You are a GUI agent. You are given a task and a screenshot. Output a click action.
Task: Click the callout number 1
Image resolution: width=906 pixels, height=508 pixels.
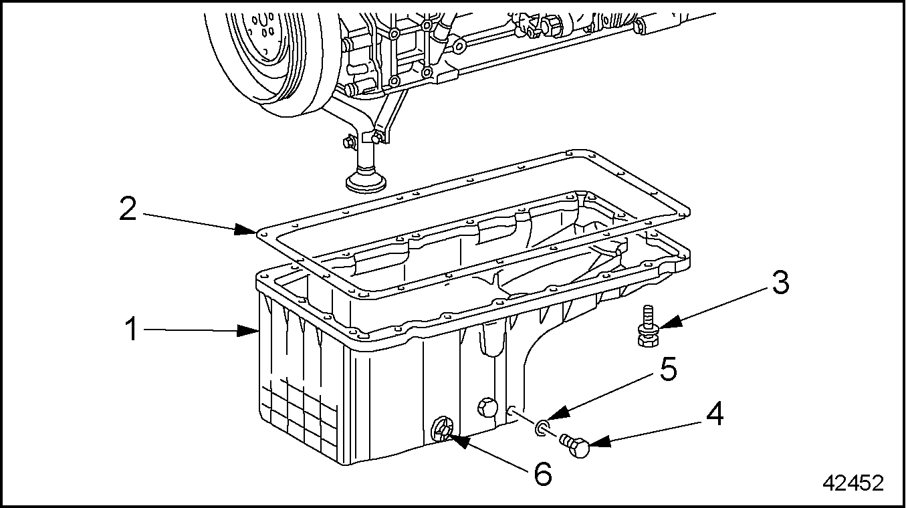point(132,329)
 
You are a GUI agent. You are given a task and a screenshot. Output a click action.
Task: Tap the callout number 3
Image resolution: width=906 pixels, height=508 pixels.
point(777,283)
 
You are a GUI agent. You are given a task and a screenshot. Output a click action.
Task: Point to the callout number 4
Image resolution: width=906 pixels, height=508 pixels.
point(713,415)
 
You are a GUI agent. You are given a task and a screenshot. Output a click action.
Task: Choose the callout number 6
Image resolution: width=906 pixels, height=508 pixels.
point(542,473)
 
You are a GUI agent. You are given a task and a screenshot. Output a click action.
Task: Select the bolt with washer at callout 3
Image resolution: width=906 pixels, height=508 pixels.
point(647,328)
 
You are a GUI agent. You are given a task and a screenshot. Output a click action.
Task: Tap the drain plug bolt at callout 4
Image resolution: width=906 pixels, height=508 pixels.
point(576,445)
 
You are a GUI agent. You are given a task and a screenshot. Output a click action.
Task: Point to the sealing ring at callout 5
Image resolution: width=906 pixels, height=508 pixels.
point(542,425)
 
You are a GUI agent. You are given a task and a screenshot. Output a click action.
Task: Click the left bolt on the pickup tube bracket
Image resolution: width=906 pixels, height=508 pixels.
point(348,142)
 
